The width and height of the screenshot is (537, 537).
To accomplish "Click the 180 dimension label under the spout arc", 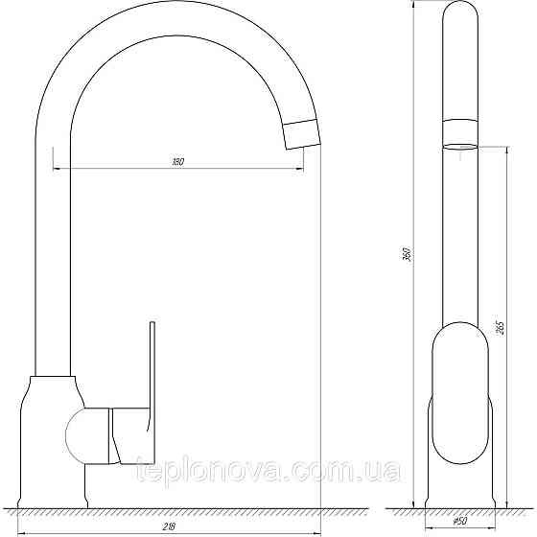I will (x=177, y=161).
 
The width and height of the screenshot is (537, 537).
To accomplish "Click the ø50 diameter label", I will (x=460, y=521).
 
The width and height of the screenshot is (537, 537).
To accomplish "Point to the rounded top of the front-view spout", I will (x=461, y=12).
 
